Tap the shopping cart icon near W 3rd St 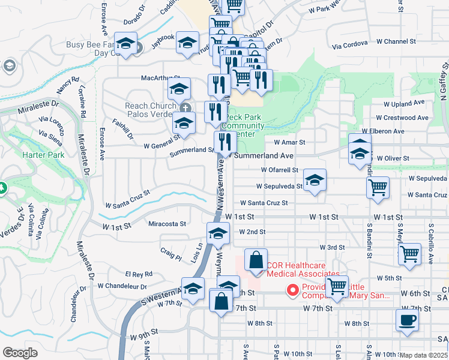point(410,253)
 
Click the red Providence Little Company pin point(294,291)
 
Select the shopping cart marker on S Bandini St point(378,187)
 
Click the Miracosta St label point(166,224)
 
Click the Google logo point(20,353)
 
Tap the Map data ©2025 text point(424,355)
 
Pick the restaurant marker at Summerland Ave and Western point(225,142)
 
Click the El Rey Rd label point(139,274)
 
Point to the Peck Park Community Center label point(243,126)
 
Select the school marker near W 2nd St point(218,233)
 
